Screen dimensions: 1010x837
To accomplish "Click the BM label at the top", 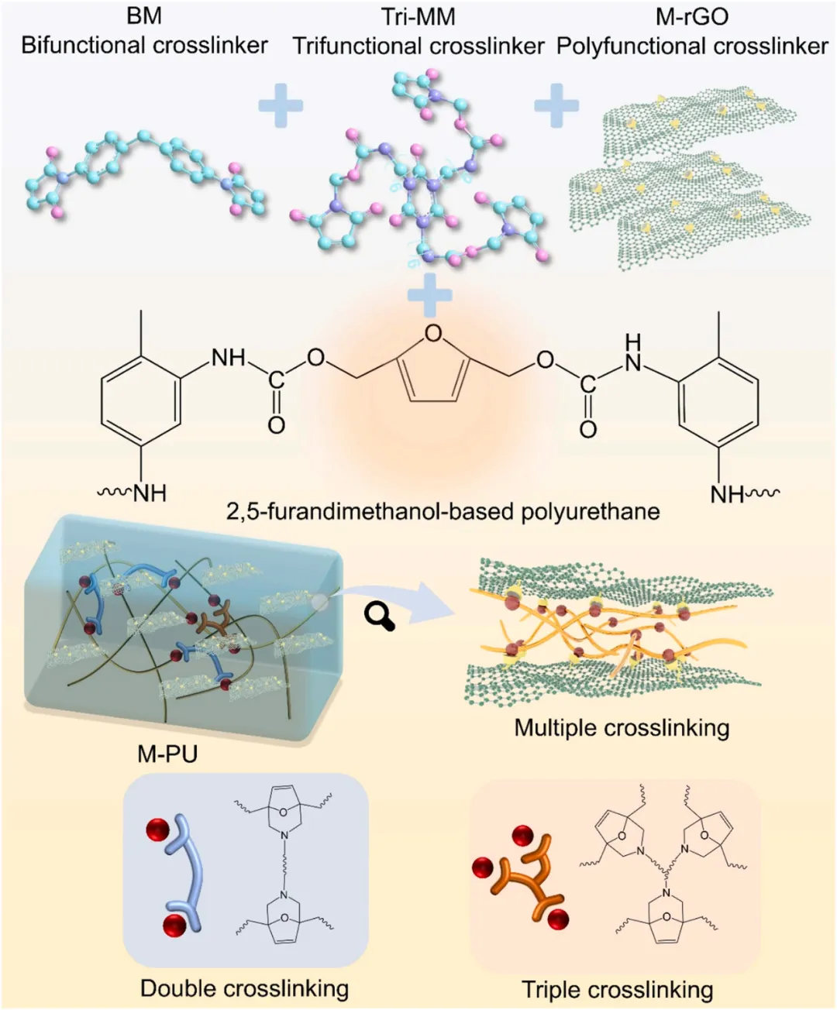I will click(143, 16).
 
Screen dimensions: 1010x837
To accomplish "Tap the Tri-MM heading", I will click(418, 16).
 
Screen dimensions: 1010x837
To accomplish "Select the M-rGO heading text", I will click(692, 16).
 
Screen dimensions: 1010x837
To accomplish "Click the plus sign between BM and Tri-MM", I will click(280, 106).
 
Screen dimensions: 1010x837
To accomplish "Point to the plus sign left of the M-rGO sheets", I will click(556, 105).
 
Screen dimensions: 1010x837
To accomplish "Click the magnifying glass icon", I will click(379, 617).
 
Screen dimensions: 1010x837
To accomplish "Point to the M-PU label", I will click(167, 753).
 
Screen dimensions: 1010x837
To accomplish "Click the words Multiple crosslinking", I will click(622, 728).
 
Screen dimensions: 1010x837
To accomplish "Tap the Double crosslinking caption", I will click(244, 988).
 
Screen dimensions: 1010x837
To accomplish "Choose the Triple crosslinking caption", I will click(617, 990).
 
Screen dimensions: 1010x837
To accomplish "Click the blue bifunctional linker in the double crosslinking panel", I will click(187, 871).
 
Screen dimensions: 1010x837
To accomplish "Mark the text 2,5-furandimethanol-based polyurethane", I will click(443, 511).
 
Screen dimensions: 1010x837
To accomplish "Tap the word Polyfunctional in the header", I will click(622, 46).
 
